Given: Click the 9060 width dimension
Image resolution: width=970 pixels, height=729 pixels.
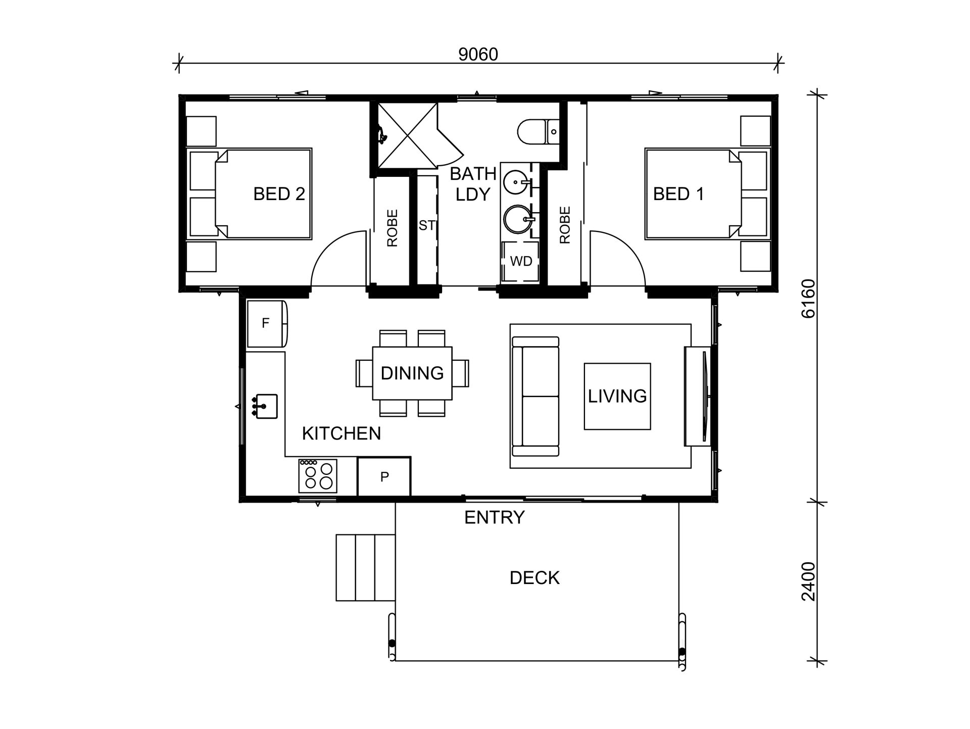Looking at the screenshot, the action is (478, 55).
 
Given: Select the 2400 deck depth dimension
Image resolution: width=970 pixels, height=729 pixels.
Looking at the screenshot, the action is (808, 581).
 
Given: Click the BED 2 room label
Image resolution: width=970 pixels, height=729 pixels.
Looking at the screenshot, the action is (279, 194).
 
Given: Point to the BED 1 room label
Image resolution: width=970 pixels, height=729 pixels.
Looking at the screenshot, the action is (678, 194).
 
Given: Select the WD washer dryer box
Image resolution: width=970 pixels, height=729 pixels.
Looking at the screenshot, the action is (520, 261).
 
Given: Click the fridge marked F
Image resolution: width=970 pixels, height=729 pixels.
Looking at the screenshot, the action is (267, 323).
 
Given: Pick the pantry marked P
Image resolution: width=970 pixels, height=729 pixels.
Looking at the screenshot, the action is (384, 476).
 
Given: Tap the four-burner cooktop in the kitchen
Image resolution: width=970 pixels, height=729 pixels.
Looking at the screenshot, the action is (318, 476).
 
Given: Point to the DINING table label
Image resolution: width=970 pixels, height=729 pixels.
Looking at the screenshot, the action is (412, 373).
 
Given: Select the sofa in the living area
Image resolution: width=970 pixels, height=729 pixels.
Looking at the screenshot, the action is (536, 397).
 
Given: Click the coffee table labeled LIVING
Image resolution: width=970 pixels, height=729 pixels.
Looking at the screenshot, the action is (617, 396).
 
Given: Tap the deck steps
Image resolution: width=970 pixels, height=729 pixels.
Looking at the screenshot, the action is (365, 568).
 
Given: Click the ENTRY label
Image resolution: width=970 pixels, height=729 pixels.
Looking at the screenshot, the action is (495, 517).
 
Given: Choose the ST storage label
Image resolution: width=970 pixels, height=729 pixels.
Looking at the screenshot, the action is (426, 225).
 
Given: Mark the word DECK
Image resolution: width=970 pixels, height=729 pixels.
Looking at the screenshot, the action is (535, 578).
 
